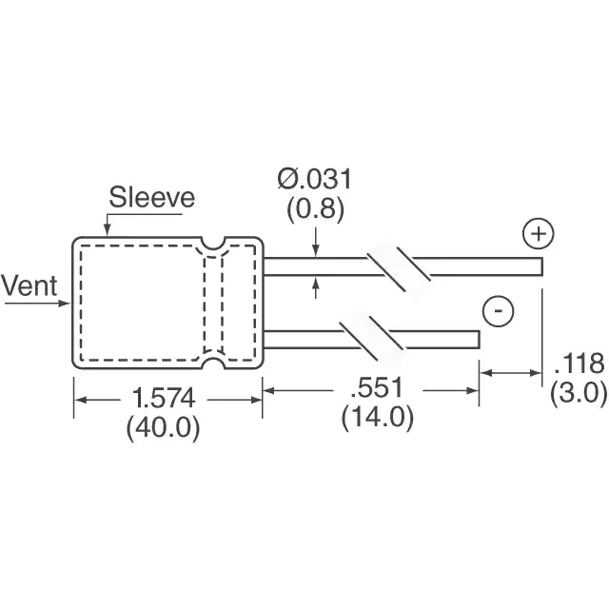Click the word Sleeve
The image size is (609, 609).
pos(152,197)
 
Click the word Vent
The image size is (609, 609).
pos(29,285)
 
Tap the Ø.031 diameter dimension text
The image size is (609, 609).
pos(315,179)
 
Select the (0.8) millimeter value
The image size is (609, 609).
pos(315,209)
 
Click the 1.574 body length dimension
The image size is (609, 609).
pos(163,399)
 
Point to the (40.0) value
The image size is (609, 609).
pos(163,427)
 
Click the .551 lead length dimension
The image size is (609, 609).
pos(377,387)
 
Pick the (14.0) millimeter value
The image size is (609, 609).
pos(378,417)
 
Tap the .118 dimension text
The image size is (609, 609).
pos(580,363)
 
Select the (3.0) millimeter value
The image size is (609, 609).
pos(579,393)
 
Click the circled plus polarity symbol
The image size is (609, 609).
pos(539,234)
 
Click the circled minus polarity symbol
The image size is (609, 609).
pos(499,311)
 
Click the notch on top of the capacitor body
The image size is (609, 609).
pos(213,244)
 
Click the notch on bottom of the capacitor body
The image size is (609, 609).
pos(213,362)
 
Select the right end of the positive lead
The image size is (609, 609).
pos(541,266)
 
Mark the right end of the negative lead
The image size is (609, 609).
pos(479,340)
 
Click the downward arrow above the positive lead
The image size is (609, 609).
pos(316,243)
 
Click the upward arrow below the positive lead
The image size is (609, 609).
pos(316,287)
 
